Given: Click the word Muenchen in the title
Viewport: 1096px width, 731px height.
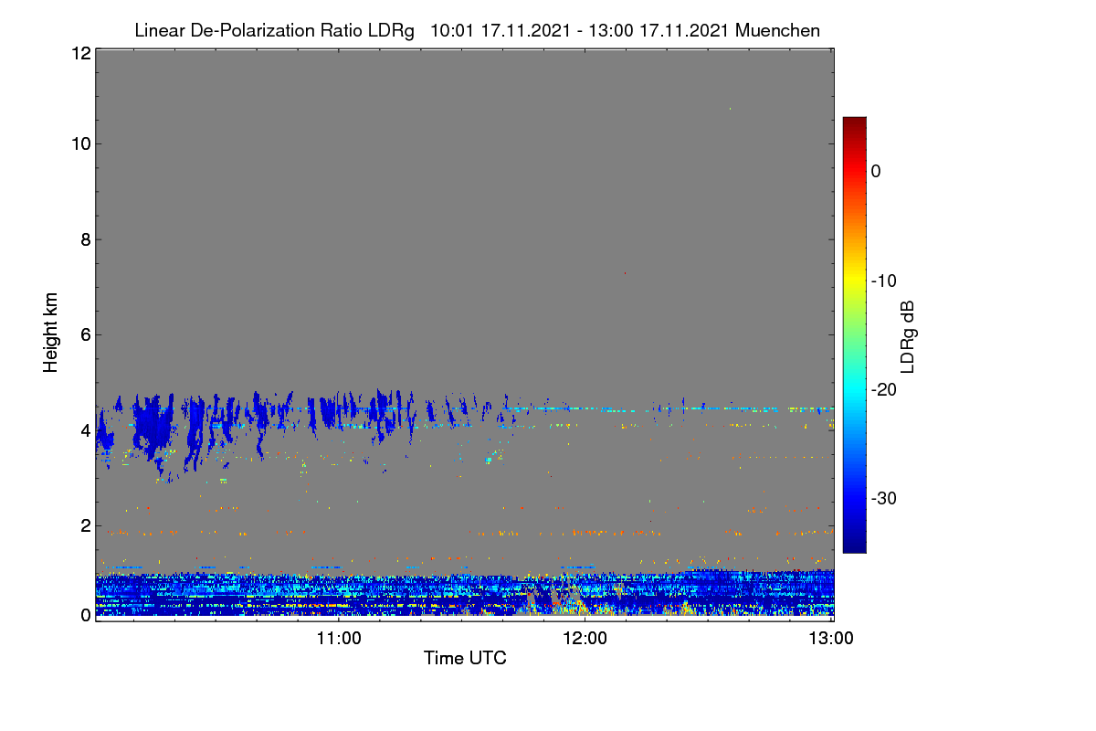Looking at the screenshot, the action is (x=777, y=30).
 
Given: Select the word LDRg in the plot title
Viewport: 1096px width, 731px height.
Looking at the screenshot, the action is (x=391, y=31).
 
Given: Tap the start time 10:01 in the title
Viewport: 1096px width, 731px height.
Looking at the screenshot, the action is (x=451, y=30).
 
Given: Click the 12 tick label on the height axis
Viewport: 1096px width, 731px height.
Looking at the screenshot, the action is (x=81, y=53).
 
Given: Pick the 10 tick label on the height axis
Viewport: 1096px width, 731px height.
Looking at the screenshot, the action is (x=81, y=143).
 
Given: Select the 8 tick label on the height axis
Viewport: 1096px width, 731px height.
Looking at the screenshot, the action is (x=86, y=239).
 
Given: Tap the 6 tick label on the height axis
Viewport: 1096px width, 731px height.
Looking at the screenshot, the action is (x=86, y=335).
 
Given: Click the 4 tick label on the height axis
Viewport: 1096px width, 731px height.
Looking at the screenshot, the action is (x=86, y=431).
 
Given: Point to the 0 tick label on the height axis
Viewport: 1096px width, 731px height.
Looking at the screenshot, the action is (x=86, y=615).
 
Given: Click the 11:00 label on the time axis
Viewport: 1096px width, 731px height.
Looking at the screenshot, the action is (x=339, y=638).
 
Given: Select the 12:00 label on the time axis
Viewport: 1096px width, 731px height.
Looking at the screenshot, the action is (x=585, y=638).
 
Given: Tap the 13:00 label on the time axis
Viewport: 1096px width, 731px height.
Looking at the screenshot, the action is (x=831, y=638).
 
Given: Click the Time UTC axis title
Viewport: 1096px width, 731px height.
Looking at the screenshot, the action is (x=465, y=658).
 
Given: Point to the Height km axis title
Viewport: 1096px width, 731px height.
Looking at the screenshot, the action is (x=50, y=333).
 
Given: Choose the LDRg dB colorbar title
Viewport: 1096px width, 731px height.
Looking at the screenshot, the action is (x=907, y=337).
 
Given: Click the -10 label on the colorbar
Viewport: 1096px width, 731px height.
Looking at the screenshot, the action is (x=884, y=281).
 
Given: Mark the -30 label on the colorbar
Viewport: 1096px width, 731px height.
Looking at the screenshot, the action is (x=884, y=498).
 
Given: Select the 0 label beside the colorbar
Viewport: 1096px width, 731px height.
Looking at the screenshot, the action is (x=876, y=171).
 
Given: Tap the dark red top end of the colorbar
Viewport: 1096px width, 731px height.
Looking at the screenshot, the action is (x=854, y=120).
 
